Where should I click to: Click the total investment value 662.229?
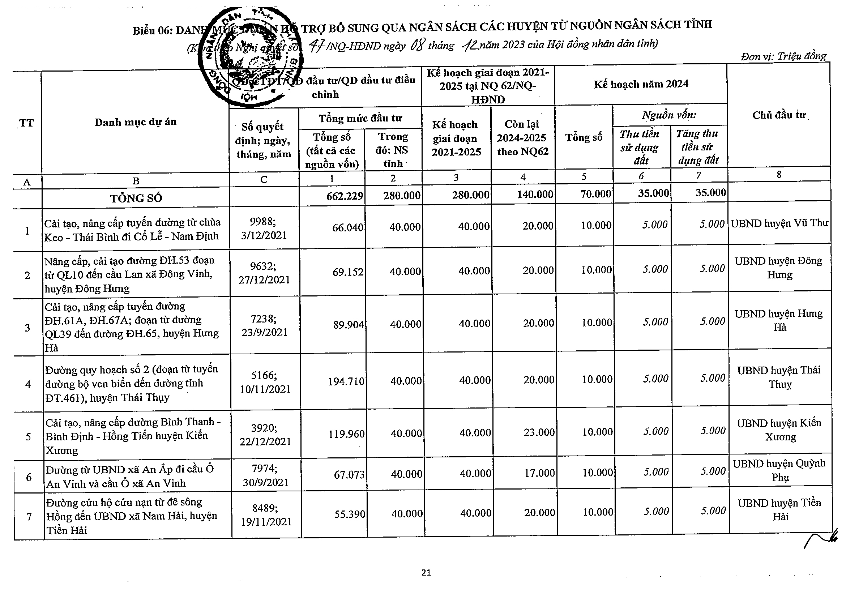pos(345,196)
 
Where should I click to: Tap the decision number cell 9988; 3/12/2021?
pos(264,228)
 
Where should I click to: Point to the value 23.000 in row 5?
pos(539,432)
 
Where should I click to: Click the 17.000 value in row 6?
pos(539,473)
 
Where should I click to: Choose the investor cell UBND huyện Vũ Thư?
pos(779,223)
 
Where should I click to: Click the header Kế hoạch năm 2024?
pos(641,84)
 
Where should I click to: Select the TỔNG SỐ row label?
pos(136,198)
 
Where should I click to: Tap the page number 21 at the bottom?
pos(426,572)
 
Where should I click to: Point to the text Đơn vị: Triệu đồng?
pos(783,56)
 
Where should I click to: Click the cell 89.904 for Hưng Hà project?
pos(348,325)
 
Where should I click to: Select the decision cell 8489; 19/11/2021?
pos(266,515)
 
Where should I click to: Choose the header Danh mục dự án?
pos(135,122)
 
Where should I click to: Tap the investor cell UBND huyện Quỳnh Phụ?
pos(779,470)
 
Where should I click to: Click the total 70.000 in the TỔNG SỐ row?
pos(596,194)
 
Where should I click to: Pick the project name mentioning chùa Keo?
pos(132,229)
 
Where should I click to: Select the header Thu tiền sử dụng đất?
pos(640,147)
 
